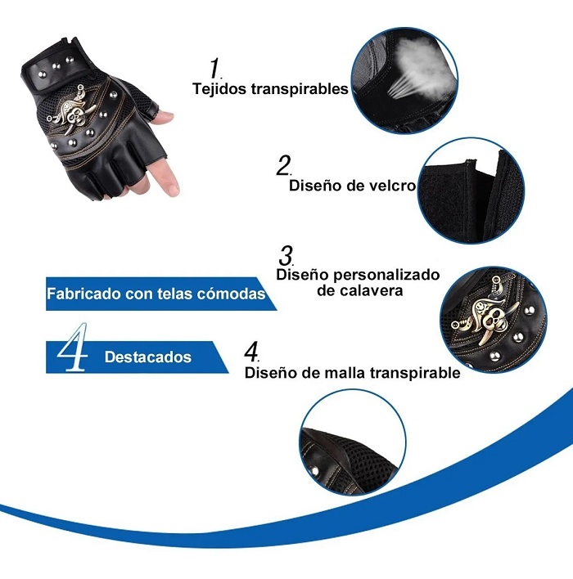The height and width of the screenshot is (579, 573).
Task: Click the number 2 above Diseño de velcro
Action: (283, 165)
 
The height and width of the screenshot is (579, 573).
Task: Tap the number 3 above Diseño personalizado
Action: (286, 254)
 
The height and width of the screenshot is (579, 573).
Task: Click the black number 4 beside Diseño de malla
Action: (251, 352)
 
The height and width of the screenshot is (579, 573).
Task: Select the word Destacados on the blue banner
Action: (147, 357)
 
